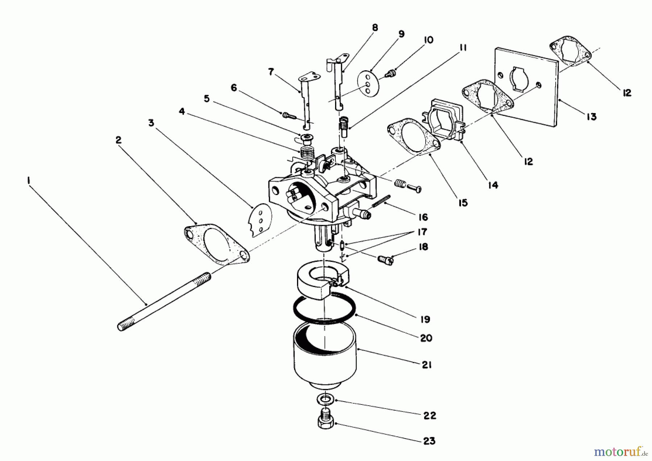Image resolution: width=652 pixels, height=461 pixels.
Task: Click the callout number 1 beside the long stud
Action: point(29,180)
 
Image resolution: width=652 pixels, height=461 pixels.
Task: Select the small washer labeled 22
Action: point(326,400)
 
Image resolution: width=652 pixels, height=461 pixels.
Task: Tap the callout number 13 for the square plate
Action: point(591,117)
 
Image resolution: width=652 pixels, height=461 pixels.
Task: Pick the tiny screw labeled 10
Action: point(390,74)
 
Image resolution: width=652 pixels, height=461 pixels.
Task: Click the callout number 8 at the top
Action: point(375,28)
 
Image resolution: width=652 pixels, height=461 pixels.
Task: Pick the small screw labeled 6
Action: point(288,116)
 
